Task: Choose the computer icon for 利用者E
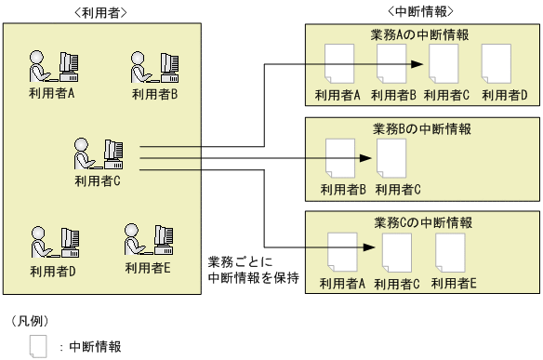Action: [x=148, y=240]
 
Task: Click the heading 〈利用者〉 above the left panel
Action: [x=99, y=11]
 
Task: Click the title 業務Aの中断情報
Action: [x=420, y=34]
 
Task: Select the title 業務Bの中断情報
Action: [x=420, y=127]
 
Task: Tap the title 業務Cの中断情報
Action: [x=420, y=222]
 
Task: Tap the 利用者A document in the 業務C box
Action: [x=342, y=253]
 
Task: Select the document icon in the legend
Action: [x=37, y=347]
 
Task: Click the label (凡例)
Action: [x=30, y=320]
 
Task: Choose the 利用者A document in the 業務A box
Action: [x=337, y=65]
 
